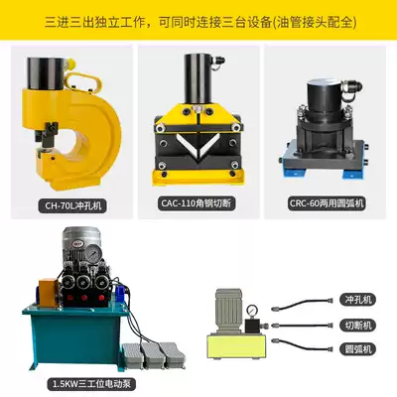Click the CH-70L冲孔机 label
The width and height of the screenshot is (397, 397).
pyautogui.click(x=73, y=206)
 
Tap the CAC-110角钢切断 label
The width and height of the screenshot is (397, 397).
pyautogui.click(x=197, y=203)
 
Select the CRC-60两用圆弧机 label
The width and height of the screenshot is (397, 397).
pyautogui.click(x=327, y=203)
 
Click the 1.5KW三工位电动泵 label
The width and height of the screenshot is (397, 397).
pyautogui.click(x=91, y=384)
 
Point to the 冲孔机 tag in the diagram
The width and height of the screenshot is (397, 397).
pyautogui.click(x=358, y=300)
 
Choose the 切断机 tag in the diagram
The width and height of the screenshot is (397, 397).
pyautogui.click(x=358, y=325)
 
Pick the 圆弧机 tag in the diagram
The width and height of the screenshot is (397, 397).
pyautogui.click(x=358, y=349)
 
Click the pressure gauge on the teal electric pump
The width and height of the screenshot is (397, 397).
pyautogui.click(x=93, y=253)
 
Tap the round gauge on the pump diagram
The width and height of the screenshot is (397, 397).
pyautogui.click(x=253, y=310)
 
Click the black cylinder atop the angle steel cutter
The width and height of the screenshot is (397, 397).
pyautogui.click(x=198, y=78)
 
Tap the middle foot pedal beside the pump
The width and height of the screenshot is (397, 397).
pyautogui.click(x=152, y=355)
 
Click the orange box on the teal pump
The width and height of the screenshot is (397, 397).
pyautogui.click(x=49, y=290)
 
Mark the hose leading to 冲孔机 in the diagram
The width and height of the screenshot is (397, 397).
pyautogui.click(x=302, y=304)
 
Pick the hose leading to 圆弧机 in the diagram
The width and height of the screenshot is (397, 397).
pyautogui.click(x=302, y=344)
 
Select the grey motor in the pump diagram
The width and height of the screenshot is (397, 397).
pyautogui.click(x=229, y=311)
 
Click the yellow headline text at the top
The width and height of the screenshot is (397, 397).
pyautogui.click(x=200, y=23)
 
